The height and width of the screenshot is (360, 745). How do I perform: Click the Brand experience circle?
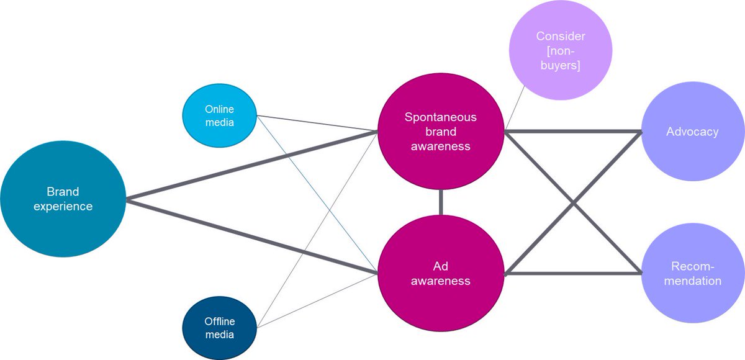click(63, 199)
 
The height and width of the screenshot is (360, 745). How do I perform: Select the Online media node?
click(219, 115)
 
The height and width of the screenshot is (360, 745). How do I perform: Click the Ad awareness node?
click(441, 274)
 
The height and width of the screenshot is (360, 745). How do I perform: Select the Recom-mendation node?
click(692, 274)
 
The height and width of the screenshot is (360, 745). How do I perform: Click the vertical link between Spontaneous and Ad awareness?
click(441, 202)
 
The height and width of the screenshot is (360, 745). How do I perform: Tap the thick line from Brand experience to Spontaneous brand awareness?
click(248, 166)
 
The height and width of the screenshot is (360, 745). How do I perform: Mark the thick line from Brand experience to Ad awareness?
click(248, 235)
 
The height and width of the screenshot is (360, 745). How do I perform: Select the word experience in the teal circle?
click(63, 206)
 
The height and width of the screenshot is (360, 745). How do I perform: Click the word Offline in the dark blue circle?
click(219, 322)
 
